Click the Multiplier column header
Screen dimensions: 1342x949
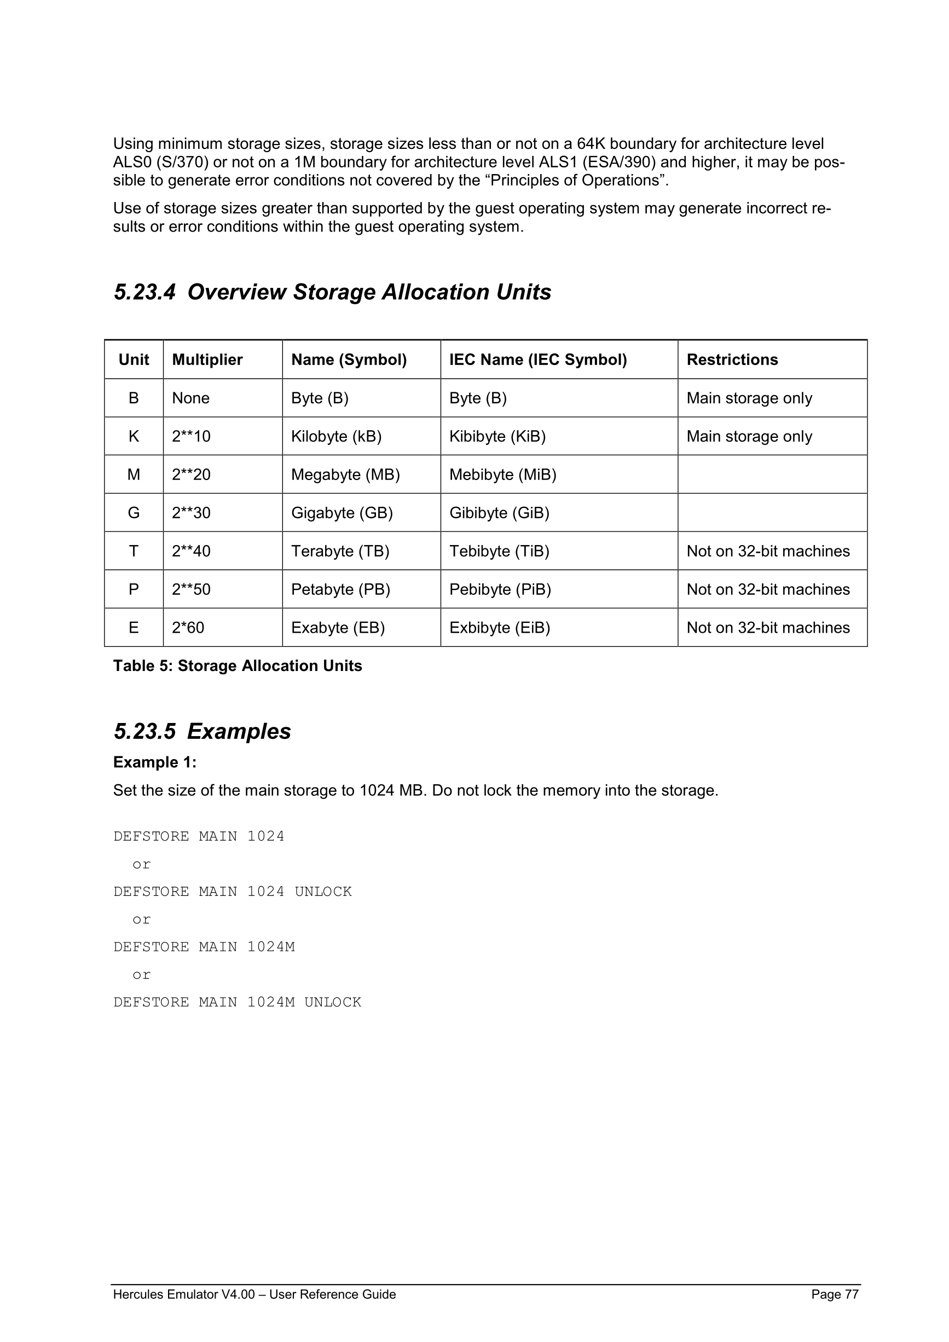207,360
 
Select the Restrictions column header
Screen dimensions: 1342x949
732,360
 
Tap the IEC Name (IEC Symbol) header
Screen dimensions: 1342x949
537,360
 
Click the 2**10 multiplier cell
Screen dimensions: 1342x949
191,436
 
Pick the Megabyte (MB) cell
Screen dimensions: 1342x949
345,475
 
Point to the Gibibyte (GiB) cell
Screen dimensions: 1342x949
499,513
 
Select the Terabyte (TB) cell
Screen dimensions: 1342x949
340,551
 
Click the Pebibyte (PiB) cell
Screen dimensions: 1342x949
500,589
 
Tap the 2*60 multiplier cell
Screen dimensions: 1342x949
188,628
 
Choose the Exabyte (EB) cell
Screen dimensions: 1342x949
338,628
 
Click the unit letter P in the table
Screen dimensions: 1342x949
134,589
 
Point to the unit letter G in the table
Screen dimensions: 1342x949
134,513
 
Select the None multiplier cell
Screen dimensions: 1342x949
190,398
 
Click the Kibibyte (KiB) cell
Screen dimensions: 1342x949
497,436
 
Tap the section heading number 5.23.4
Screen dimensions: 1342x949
144,292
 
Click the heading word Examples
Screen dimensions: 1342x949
239,731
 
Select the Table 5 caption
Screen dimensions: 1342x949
238,666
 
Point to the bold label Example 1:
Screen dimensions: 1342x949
154,762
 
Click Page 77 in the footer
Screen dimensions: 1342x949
835,1294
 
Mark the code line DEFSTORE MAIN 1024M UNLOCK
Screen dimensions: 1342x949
238,1002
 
